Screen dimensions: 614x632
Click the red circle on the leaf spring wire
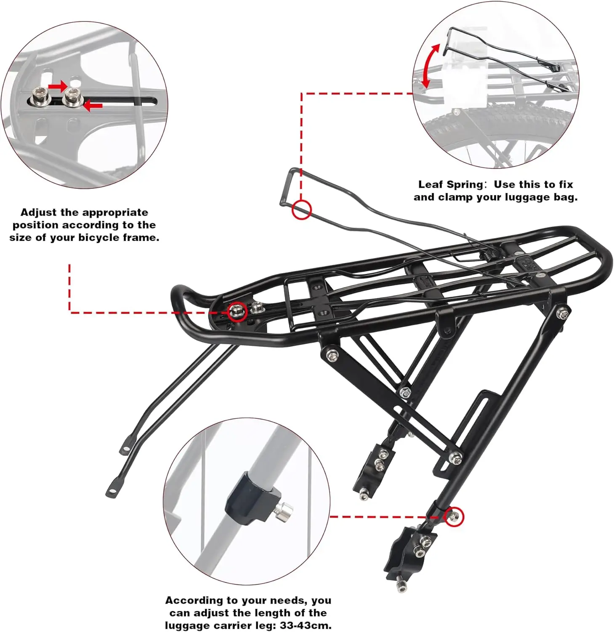pos(302,209)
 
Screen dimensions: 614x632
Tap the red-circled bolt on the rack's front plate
pos(237,312)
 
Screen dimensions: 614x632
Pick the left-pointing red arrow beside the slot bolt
pos(93,105)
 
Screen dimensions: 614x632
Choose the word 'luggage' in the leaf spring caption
pos(527,197)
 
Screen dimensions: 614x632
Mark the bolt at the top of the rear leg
pos(562,313)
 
